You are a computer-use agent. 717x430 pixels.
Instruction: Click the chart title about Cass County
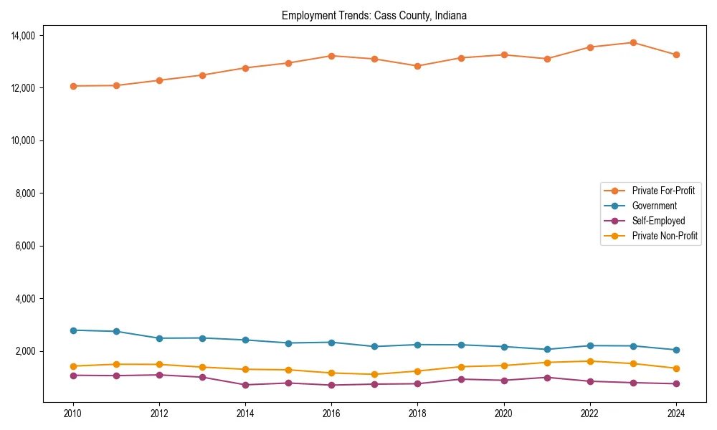pyautogui.click(x=374, y=16)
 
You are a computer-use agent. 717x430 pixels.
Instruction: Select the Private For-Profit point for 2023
pyautogui.click(x=632, y=43)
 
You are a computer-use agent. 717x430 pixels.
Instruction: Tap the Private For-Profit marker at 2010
pyautogui.click(x=73, y=86)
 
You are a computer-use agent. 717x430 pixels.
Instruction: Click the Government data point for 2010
pyautogui.click(x=73, y=330)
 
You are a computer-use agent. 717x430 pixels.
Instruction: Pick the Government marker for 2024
pyautogui.click(x=675, y=350)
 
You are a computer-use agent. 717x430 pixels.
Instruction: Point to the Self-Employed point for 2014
pyautogui.click(x=245, y=385)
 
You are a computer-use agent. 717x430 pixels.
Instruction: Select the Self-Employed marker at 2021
pyautogui.click(x=546, y=377)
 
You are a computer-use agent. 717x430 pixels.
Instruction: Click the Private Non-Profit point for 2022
pyautogui.click(x=589, y=361)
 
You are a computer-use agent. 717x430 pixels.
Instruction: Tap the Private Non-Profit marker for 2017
pyautogui.click(x=374, y=374)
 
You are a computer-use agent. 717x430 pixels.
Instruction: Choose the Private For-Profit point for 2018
pyautogui.click(x=417, y=66)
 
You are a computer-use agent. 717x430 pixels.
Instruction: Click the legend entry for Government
pyautogui.click(x=654, y=206)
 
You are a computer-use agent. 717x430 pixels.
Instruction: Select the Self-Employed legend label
pyautogui.click(x=658, y=221)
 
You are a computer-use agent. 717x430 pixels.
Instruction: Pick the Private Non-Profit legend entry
pyautogui.click(x=665, y=236)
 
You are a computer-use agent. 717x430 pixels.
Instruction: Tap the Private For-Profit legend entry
pyautogui.click(x=665, y=191)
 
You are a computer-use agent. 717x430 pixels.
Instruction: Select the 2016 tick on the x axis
pyautogui.click(x=331, y=413)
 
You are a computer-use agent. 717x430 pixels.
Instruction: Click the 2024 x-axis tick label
pyautogui.click(x=675, y=413)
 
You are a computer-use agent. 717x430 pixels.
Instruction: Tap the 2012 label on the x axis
pyautogui.click(x=159, y=413)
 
